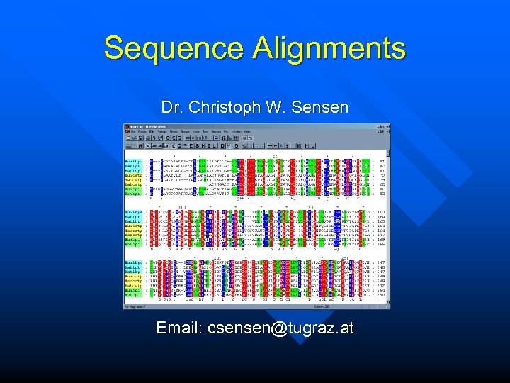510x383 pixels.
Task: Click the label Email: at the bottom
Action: tap(179, 328)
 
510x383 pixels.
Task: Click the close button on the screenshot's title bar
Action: tap(388, 126)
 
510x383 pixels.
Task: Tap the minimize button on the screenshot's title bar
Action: tap(378, 126)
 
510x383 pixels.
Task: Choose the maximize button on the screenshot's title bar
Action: tap(383, 126)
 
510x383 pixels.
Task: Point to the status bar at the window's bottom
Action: tap(255, 306)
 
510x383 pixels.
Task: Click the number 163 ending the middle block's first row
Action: tap(380, 211)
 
